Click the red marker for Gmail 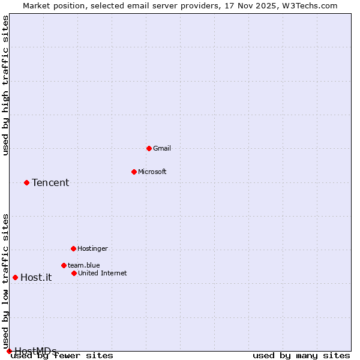point(149,148)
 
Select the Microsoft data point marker point(134,172)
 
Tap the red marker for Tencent point(26,182)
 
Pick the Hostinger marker point(73,248)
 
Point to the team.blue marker point(64,265)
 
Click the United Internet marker point(74,273)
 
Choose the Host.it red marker point(15,277)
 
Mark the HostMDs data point point(9,351)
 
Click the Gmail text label point(162,148)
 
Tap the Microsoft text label point(152,172)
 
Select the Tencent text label point(50,183)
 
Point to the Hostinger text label point(92,248)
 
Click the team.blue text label point(83,265)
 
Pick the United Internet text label point(102,273)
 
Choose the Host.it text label point(36,277)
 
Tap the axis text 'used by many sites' point(301,356)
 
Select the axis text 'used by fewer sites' point(62,356)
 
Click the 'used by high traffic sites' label point(5,85)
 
